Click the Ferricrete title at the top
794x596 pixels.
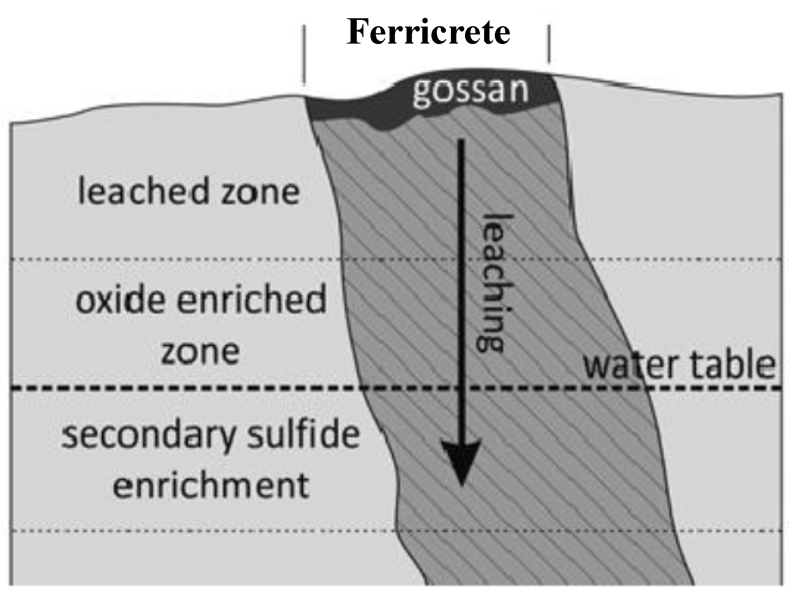point(428,32)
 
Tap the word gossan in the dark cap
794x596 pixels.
point(470,91)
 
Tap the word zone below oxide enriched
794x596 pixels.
point(200,352)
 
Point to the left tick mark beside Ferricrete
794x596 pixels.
point(304,54)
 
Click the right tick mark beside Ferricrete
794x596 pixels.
point(549,44)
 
